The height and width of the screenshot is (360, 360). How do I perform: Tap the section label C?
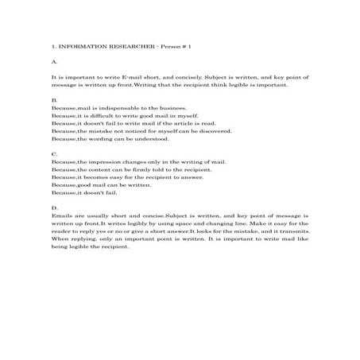point(53,153)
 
